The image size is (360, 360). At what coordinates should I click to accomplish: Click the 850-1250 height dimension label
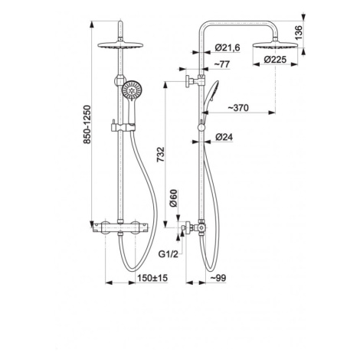87,125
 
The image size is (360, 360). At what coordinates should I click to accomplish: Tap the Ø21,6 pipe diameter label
227,47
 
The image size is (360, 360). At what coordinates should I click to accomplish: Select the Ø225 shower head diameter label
275,60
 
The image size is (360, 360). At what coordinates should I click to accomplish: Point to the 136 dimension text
299,32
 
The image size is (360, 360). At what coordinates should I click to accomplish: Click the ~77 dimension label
221,64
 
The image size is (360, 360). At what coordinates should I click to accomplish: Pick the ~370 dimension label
238,108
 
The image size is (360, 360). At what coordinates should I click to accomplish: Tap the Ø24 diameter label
224,137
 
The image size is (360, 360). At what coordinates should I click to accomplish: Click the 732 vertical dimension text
161,154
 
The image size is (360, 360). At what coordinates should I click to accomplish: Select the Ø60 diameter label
173,198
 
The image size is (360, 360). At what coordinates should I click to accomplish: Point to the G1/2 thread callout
169,254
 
